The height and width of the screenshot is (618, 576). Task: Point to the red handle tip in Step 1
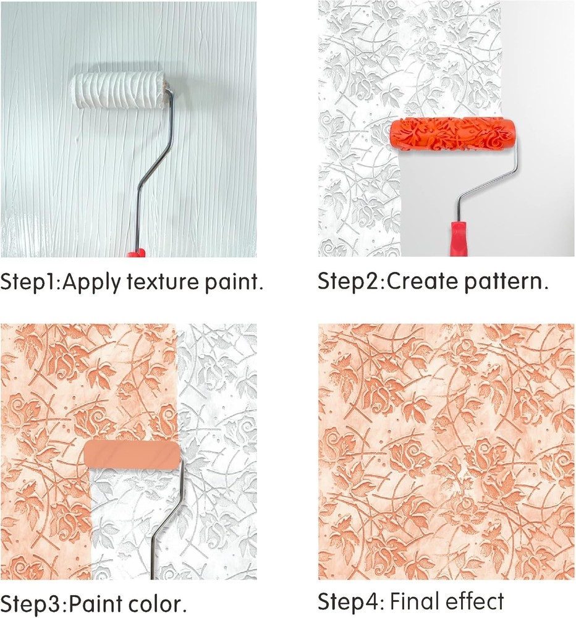(137, 252)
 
